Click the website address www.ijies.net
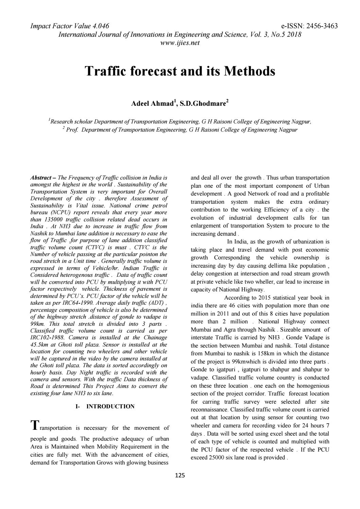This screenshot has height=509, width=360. point(180,43)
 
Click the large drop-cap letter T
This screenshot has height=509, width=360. point(34,425)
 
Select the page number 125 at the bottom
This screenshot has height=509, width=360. point(180,476)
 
